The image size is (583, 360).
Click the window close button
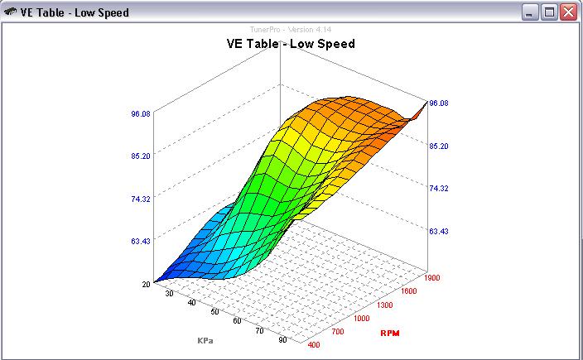(568, 12)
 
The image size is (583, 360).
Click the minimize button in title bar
(530, 12)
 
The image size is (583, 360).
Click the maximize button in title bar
(549, 12)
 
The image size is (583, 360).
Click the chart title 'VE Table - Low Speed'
(291, 43)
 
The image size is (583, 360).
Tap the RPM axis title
(390, 333)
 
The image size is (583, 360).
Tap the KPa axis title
(205, 340)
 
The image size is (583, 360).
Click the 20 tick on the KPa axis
(146, 284)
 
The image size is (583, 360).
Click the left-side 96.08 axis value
(140, 113)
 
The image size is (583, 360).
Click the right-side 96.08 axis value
(439, 103)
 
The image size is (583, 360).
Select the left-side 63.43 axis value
(140, 241)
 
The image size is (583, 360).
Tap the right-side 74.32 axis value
(439, 188)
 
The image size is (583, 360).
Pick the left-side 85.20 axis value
(140, 156)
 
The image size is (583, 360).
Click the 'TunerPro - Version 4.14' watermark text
(291, 29)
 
